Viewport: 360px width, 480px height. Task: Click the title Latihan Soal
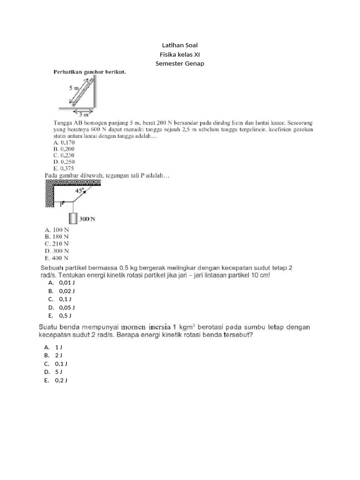(x=180, y=45)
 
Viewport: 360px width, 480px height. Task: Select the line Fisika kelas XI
(x=180, y=54)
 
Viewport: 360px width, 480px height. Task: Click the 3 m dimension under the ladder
(x=82, y=114)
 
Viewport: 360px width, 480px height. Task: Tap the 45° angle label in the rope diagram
(x=79, y=191)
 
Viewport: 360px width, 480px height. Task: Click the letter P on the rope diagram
(x=61, y=205)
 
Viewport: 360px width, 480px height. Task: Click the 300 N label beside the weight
(x=87, y=219)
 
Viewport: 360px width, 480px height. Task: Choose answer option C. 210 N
(x=57, y=244)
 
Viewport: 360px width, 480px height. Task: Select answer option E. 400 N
(x=57, y=258)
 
